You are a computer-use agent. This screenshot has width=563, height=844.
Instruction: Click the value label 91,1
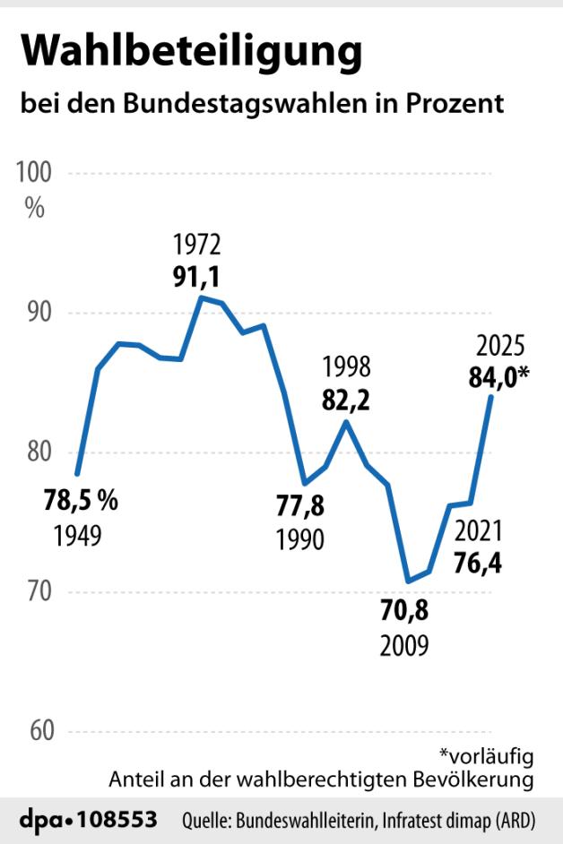tap(197, 274)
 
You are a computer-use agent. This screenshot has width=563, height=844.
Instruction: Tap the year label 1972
tap(197, 244)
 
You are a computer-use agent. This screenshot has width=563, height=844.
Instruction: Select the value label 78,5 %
tap(81, 501)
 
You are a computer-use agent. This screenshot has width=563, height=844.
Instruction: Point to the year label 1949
tap(76, 536)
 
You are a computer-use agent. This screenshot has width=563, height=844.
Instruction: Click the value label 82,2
tap(346, 400)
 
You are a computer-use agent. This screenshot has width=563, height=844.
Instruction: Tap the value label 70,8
tap(404, 613)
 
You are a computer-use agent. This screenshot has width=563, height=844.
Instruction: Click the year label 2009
tap(404, 645)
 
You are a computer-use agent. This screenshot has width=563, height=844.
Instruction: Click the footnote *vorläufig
tap(487, 756)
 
